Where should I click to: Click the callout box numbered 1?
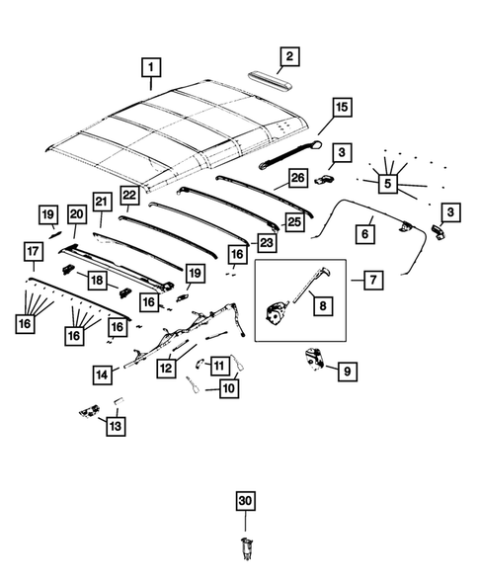[151, 68]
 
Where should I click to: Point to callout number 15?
[341, 108]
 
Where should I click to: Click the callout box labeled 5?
[387, 183]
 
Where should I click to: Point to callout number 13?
[117, 426]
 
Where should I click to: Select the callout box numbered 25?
[291, 222]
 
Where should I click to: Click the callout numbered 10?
[229, 390]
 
